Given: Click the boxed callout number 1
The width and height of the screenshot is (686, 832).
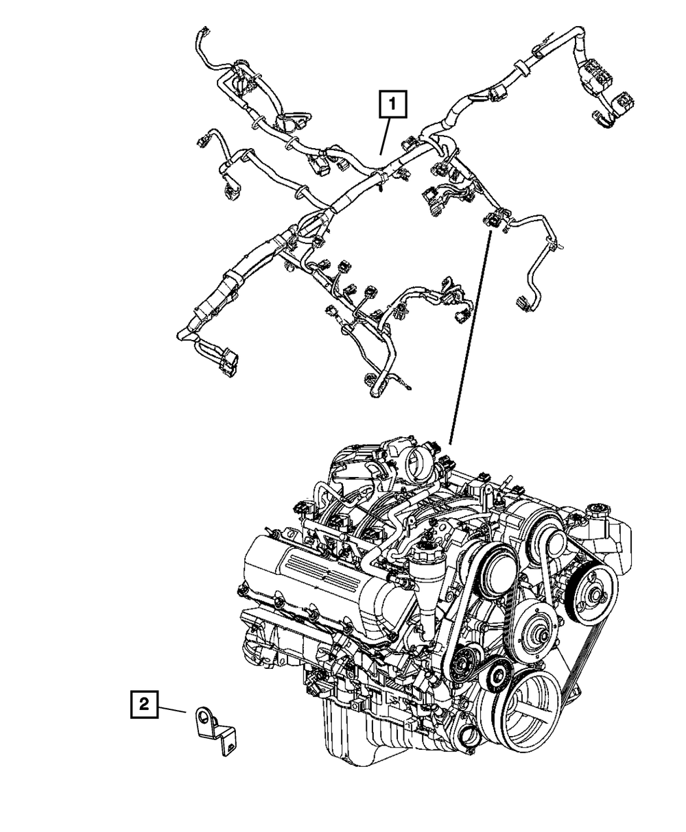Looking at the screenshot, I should point(392,106).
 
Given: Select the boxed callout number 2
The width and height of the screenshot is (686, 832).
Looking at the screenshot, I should point(143,703).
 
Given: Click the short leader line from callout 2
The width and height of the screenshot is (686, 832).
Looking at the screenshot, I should point(171,709).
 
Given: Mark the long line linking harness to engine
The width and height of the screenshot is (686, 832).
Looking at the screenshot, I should point(471,336).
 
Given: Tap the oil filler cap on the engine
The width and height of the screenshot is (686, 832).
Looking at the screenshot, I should point(425,550).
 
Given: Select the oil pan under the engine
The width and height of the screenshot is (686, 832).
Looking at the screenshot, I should point(384,733).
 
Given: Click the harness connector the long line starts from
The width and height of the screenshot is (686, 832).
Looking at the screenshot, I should point(493,220).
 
